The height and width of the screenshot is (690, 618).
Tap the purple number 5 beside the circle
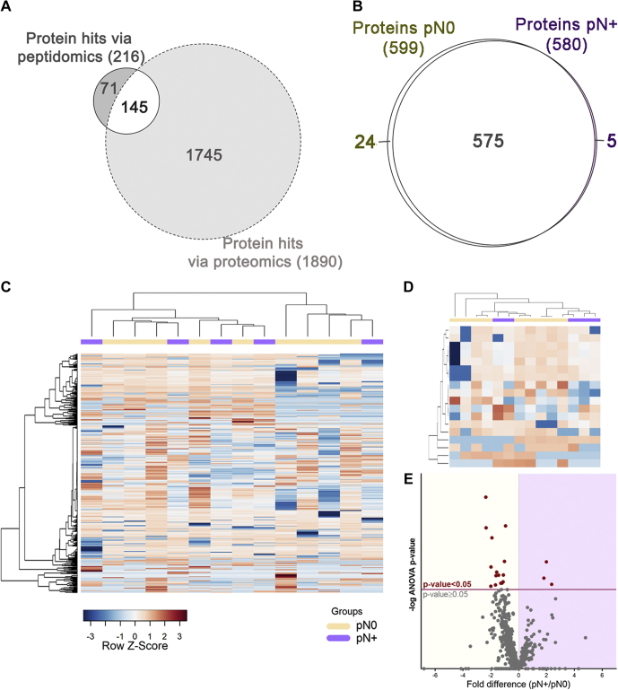click(x=610, y=141)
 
